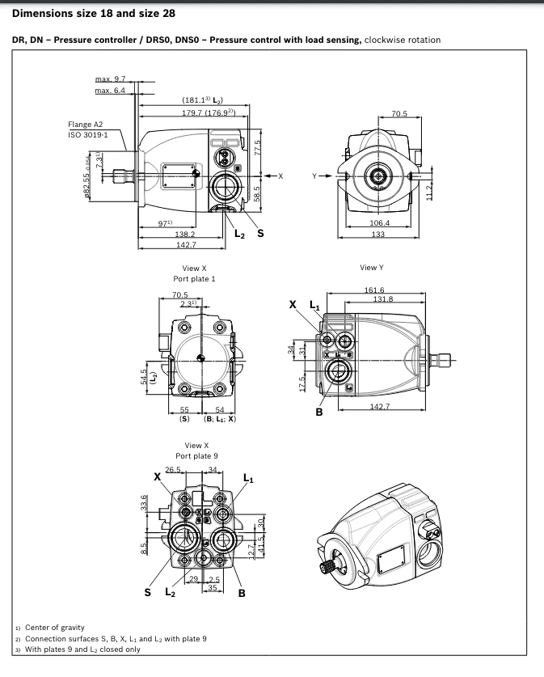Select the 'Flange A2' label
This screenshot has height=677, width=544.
[x=86, y=125]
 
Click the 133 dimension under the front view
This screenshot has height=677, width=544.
[x=377, y=235]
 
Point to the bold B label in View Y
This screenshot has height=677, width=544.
[x=319, y=412]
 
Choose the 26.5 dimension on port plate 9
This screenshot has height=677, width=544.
[x=173, y=469]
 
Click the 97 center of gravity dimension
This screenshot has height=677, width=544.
[x=165, y=223]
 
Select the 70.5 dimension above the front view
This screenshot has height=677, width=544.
[x=399, y=114]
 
